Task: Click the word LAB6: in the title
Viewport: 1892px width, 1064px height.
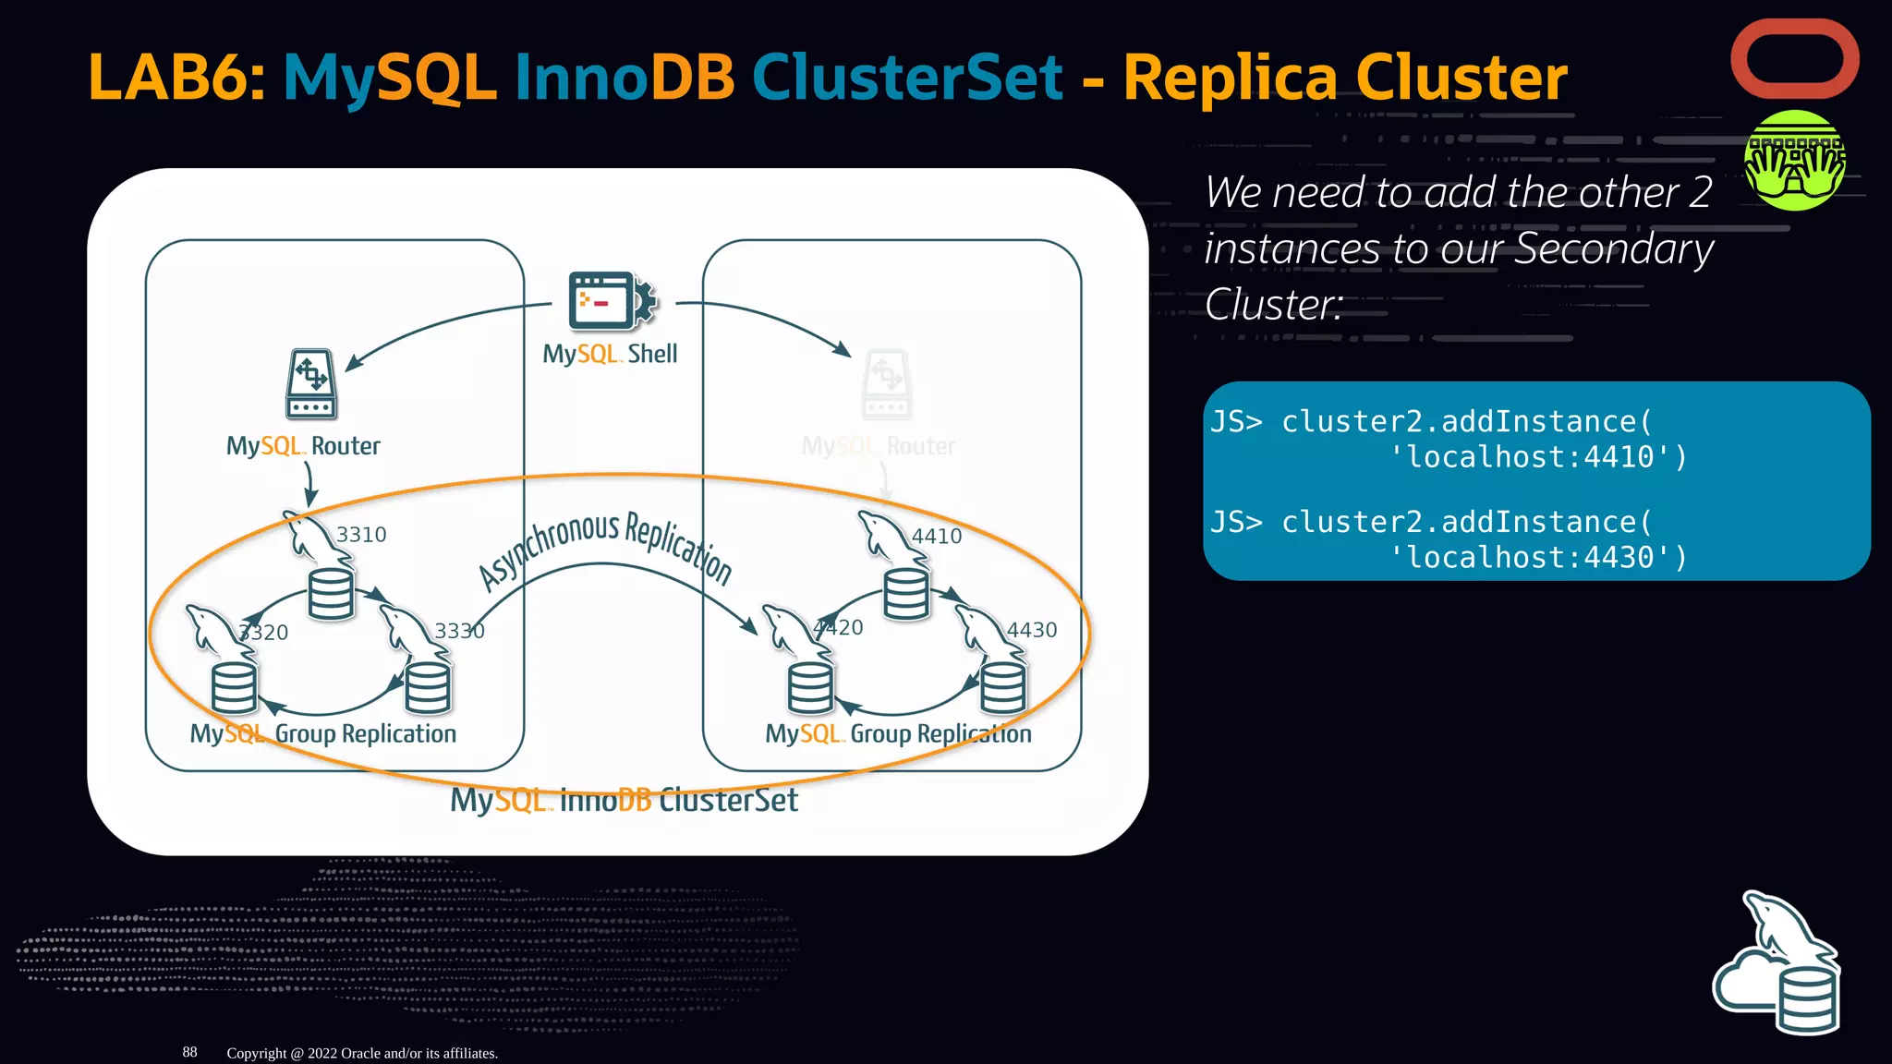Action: pos(176,78)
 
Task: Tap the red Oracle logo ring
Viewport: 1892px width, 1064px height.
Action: pos(1794,59)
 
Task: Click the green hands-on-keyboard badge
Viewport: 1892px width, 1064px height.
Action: pos(1794,161)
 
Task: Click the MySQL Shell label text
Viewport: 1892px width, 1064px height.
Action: pos(610,354)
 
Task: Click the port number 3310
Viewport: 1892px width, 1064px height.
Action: pos(361,535)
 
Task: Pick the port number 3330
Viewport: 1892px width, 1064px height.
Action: pos(459,631)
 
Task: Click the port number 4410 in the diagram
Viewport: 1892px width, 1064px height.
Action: pos(936,537)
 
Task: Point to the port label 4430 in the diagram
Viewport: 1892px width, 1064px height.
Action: pos(1031,630)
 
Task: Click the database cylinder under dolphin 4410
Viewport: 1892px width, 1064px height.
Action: pos(906,594)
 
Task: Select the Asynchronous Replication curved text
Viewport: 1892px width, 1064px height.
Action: pos(605,545)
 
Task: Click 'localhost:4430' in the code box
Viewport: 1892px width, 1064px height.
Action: pos(1538,558)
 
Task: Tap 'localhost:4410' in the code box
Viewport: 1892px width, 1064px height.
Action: pos(1538,457)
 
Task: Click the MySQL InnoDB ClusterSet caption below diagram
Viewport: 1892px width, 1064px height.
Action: pos(624,800)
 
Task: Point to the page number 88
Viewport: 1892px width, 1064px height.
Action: pos(189,1052)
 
